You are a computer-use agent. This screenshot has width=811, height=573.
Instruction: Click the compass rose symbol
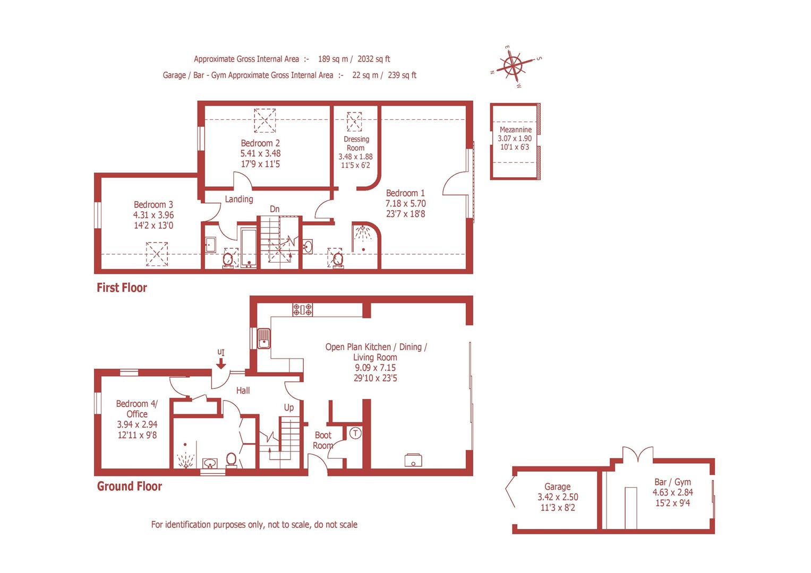click(513, 66)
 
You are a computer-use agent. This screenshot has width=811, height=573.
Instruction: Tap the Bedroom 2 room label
click(260, 143)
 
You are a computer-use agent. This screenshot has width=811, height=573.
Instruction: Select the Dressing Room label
click(356, 143)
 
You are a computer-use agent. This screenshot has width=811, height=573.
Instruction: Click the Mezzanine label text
click(515, 129)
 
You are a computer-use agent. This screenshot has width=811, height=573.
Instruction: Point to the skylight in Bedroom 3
click(157, 254)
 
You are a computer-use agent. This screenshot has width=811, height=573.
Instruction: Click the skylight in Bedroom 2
click(264, 120)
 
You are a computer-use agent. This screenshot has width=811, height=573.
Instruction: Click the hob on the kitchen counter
click(302, 310)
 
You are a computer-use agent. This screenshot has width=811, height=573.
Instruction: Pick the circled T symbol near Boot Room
click(355, 433)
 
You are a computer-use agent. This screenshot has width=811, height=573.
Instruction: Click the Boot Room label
click(323, 440)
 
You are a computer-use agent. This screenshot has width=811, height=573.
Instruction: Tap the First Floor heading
click(122, 288)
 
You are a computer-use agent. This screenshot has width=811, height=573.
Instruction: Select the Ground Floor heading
click(129, 487)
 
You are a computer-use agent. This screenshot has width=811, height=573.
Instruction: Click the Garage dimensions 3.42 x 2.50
click(558, 497)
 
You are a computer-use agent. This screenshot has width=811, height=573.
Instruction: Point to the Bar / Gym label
click(672, 482)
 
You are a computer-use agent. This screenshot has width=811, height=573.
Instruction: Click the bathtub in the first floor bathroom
click(249, 247)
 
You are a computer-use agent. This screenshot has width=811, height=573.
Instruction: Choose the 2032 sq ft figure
click(374, 59)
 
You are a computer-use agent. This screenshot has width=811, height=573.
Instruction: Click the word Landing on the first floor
click(239, 199)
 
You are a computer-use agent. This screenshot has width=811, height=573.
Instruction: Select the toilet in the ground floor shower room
click(231, 459)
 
